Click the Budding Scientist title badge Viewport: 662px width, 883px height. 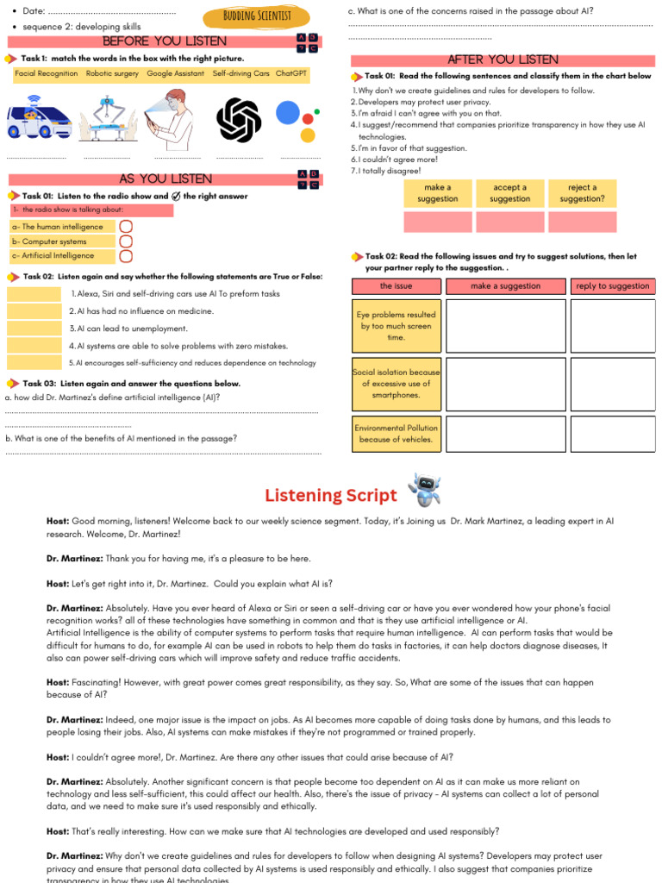(x=257, y=16)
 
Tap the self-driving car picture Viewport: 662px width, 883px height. (x=39, y=120)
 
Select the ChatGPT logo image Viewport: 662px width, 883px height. (x=239, y=119)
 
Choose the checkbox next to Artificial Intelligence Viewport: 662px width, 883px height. (x=126, y=256)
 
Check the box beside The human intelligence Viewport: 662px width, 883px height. (x=126, y=227)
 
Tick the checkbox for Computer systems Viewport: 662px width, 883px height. (x=126, y=241)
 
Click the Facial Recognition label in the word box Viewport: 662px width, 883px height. (x=47, y=74)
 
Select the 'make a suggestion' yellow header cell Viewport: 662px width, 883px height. (x=438, y=193)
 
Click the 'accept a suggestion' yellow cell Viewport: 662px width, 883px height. (x=510, y=193)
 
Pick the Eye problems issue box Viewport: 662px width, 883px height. (x=397, y=326)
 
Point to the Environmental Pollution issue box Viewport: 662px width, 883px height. (x=397, y=434)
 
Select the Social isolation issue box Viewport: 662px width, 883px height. (x=397, y=384)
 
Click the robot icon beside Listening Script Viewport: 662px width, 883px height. (x=424, y=490)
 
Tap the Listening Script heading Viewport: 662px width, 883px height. (x=331, y=496)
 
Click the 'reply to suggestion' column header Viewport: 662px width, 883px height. (x=612, y=286)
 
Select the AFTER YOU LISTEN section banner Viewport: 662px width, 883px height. (x=503, y=59)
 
